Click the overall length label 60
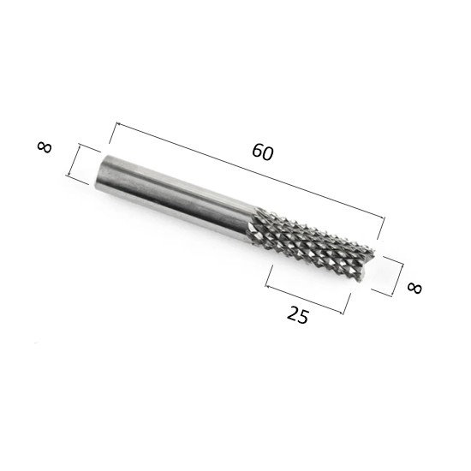(x=263, y=152)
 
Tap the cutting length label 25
(x=298, y=315)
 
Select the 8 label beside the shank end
(x=45, y=147)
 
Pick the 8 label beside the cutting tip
(x=414, y=288)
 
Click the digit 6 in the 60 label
(x=258, y=150)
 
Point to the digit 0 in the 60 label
(x=268, y=154)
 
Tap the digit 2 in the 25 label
(x=293, y=313)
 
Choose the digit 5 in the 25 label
(x=303, y=318)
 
